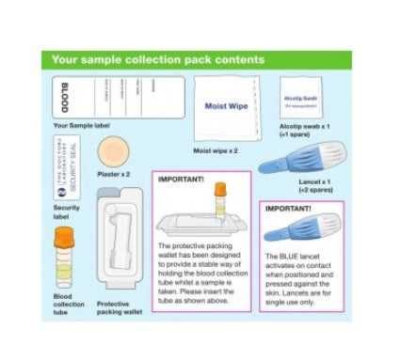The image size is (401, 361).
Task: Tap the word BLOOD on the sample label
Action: [64, 97]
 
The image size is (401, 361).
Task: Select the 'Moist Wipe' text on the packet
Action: [225, 106]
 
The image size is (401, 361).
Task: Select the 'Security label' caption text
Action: [67, 212]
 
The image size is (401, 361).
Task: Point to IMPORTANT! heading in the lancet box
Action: [289, 208]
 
